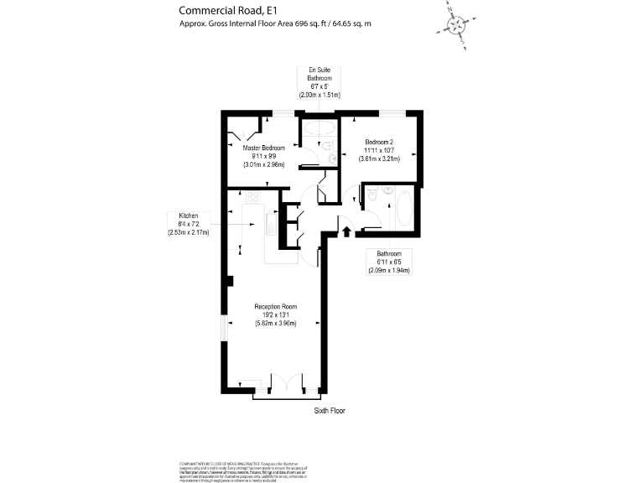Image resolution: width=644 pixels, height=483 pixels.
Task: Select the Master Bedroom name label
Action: point(264,148)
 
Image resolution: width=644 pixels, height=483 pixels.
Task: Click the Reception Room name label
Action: point(276,306)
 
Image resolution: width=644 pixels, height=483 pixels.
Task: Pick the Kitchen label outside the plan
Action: point(188,216)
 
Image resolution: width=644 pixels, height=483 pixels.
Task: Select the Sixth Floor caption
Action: point(330,411)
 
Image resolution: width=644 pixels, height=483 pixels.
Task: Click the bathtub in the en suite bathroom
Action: point(319,129)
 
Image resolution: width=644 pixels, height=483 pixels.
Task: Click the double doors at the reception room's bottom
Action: point(285,382)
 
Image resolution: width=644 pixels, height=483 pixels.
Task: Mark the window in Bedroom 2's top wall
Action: point(391,113)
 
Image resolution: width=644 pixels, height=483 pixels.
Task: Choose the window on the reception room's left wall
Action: point(223,328)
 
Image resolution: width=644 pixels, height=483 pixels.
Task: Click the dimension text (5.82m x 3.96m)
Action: point(276,324)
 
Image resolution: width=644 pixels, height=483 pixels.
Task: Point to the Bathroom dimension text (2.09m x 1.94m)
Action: point(388,270)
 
